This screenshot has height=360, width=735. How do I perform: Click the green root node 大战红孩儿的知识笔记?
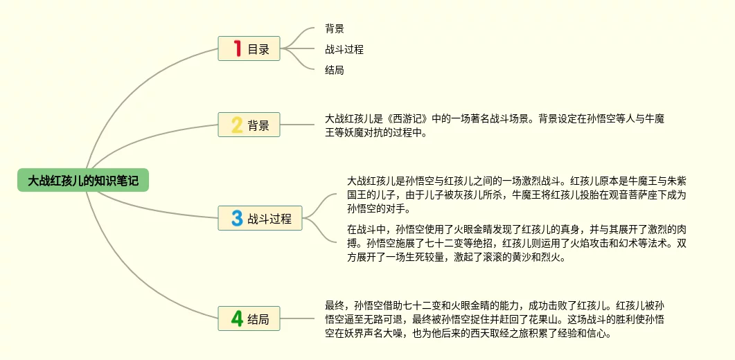point(82,181)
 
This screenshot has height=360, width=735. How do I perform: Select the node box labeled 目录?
point(249,49)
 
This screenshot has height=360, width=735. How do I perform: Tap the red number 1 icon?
point(237,49)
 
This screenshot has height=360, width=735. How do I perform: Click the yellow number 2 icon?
point(237,125)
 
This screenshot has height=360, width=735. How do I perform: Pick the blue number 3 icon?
point(237,219)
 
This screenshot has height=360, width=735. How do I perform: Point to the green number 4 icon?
point(237,319)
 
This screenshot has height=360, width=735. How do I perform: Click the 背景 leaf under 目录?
point(335,29)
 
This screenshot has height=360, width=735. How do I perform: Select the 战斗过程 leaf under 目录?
point(344,49)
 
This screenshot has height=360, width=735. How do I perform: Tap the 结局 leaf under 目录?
point(335,70)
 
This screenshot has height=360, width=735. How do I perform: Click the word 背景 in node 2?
point(258,126)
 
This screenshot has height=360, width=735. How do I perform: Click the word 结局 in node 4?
point(258,320)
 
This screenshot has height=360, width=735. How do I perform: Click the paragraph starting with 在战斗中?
point(517,243)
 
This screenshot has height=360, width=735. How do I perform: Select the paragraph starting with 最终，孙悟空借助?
point(495,318)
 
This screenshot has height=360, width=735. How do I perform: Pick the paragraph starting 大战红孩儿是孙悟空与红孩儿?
point(517,195)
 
